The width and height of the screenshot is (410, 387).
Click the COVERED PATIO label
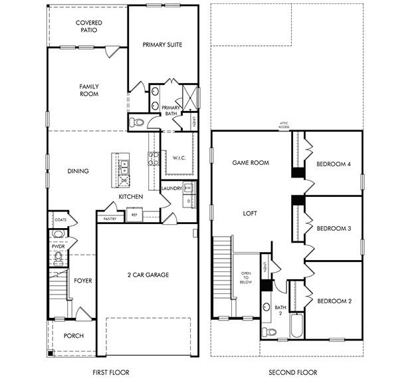[88, 26]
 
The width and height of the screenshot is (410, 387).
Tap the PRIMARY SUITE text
[162, 45]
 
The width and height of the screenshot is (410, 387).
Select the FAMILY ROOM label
[88, 90]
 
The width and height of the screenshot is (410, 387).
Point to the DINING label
[78, 171]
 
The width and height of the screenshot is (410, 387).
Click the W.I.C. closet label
[178, 158]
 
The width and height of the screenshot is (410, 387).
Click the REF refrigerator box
[134, 215]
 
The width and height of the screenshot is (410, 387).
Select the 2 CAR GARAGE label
[148, 275]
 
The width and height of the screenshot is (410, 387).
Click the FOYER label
[82, 281]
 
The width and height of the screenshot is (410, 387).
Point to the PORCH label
[73, 336]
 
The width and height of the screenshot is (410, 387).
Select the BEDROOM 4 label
[333, 164]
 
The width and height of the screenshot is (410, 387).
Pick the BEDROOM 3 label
[333, 229]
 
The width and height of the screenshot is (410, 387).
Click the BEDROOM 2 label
[333, 301]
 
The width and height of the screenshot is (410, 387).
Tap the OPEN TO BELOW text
[246, 277]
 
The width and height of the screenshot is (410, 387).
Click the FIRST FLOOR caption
[110, 372]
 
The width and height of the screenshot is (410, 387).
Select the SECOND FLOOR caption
[292, 372]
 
